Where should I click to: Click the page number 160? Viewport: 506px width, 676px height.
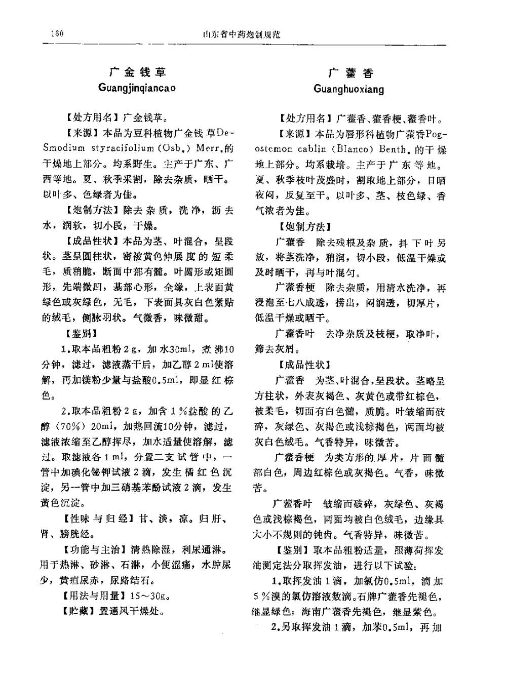point(57,33)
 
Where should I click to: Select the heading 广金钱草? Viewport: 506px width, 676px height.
point(138,72)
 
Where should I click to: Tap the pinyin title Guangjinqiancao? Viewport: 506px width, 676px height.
point(137,88)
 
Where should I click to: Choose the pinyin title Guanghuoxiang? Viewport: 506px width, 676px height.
point(349,89)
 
